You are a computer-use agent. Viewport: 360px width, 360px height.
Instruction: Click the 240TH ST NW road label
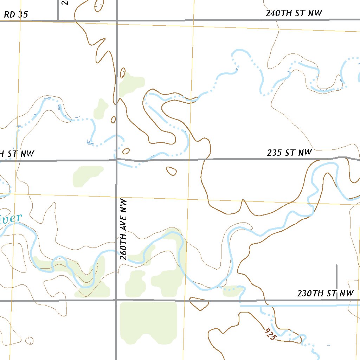[294, 13]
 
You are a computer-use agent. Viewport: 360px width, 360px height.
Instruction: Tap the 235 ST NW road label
[289, 153]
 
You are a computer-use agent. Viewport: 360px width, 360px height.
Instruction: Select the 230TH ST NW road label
[325, 293]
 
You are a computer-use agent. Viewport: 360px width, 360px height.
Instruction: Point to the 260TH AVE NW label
[123, 229]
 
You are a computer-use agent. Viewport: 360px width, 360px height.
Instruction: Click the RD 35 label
[16, 15]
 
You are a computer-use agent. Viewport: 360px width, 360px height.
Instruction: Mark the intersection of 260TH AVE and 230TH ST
[116, 301]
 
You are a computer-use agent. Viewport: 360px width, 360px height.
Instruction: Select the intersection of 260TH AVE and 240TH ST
[117, 20]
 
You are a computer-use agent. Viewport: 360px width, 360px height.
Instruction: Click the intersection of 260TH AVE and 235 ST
[116, 160]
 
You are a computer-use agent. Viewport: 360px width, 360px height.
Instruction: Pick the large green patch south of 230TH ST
[148, 322]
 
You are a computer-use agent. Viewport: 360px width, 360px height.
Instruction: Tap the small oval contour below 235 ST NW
[171, 171]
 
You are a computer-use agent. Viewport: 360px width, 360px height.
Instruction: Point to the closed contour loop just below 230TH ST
[199, 303]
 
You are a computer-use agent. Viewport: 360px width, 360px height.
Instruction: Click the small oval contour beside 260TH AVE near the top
[123, 73]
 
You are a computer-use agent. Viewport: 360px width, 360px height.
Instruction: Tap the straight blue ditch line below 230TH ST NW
[299, 306]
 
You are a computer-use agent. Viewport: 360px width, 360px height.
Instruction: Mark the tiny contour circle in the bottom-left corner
[30, 340]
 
